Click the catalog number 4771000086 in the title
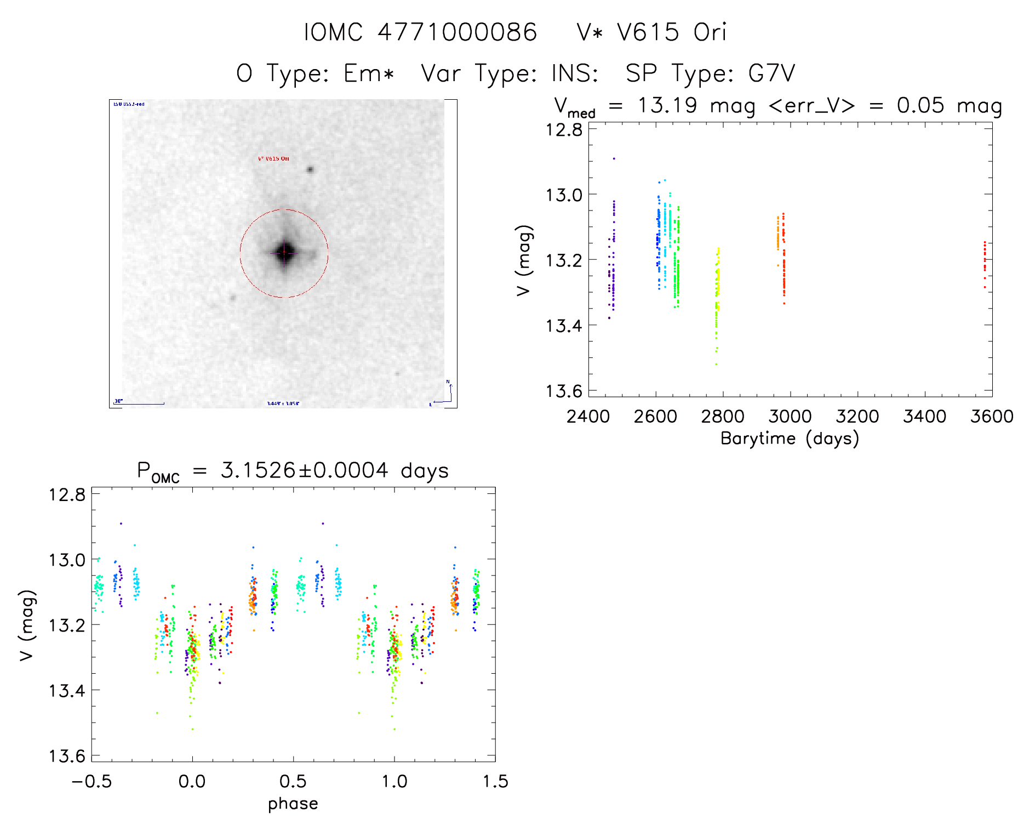pos(457,32)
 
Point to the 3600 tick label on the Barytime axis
pos(992,417)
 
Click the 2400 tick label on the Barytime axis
pos(588,417)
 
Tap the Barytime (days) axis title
pos(790,439)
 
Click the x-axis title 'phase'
pos(293,804)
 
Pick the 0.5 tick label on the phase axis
pos(293,781)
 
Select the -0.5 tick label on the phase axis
pos(92,781)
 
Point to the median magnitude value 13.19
pos(667,105)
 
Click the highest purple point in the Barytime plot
pos(614,158)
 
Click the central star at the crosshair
pos(284,253)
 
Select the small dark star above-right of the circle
pos(310,169)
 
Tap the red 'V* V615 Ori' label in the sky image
pos(273,158)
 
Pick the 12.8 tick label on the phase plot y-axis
pos(67,494)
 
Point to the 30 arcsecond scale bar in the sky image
pos(139,403)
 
